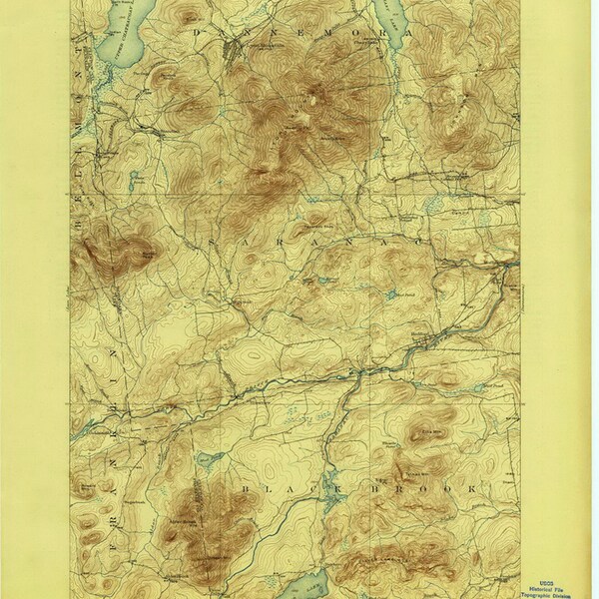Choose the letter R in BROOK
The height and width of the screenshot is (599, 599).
[x=382, y=486]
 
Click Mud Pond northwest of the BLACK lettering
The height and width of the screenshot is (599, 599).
[x=212, y=460]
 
